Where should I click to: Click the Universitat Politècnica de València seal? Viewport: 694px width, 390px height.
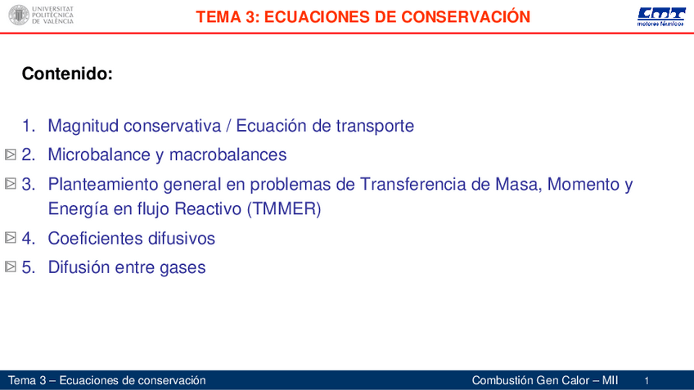pos(19,15)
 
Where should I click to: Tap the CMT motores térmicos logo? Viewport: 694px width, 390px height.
pos(660,17)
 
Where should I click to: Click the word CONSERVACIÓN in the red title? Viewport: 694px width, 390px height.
pos(466,17)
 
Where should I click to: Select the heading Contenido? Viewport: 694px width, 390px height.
pos(67,74)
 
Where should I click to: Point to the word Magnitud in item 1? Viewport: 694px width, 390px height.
pos(83,126)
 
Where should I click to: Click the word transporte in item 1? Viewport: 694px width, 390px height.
pos(375,126)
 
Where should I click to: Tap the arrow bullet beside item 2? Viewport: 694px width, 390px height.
pos(11,155)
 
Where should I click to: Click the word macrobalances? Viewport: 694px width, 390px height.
pos(228,155)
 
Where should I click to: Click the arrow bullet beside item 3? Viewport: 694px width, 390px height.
pos(11,183)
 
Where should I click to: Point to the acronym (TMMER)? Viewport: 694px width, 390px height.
pos(284,208)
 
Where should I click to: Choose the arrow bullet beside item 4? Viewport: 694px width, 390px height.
pos(11,237)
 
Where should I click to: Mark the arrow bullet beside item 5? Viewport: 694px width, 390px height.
pos(11,267)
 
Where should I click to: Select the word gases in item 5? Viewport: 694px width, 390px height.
pos(183,268)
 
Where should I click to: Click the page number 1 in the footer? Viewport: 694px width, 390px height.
pos(647,381)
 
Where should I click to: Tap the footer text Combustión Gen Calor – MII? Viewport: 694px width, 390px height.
pos(545,380)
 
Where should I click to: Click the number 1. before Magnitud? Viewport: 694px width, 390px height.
pos(29,126)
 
